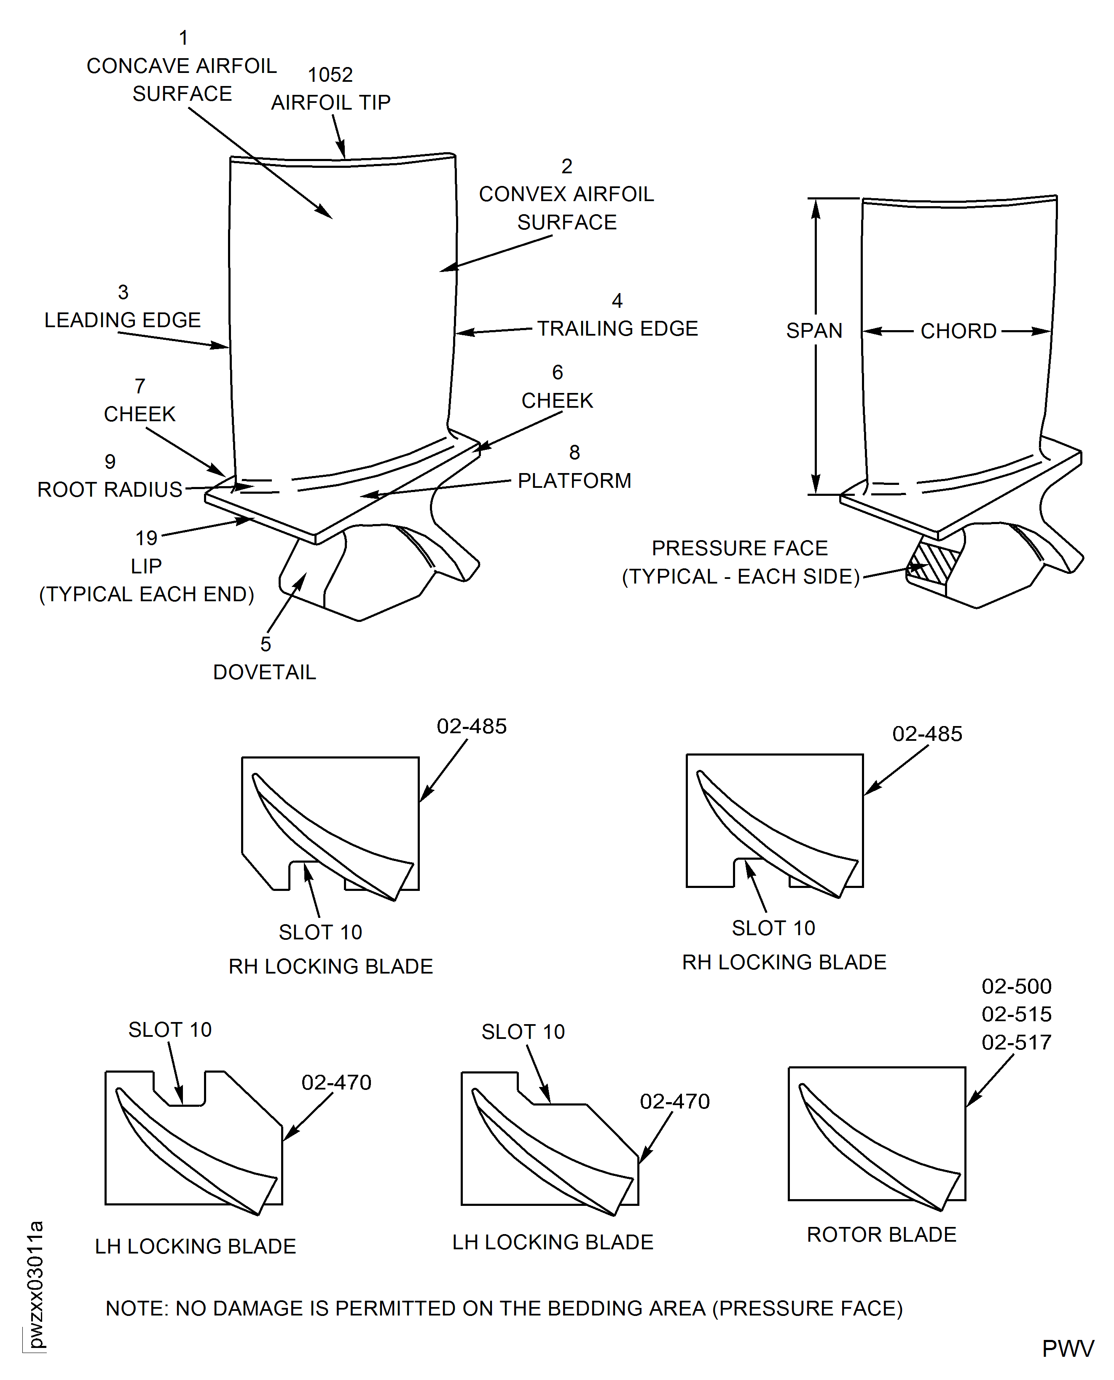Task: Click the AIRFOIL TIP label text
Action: click(330, 103)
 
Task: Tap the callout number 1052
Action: click(330, 75)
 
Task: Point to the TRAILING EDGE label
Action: click(617, 328)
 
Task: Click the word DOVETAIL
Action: click(264, 672)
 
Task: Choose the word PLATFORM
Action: click(574, 480)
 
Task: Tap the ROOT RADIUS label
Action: click(110, 490)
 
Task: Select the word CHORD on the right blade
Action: click(958, 331)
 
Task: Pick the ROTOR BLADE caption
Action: click(881, 1234)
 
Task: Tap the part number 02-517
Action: click(1017, 1042)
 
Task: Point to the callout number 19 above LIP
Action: click(146, 538)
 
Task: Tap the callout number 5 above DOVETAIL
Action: click(266, 644)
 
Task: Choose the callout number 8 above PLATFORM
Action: click(574, 452)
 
